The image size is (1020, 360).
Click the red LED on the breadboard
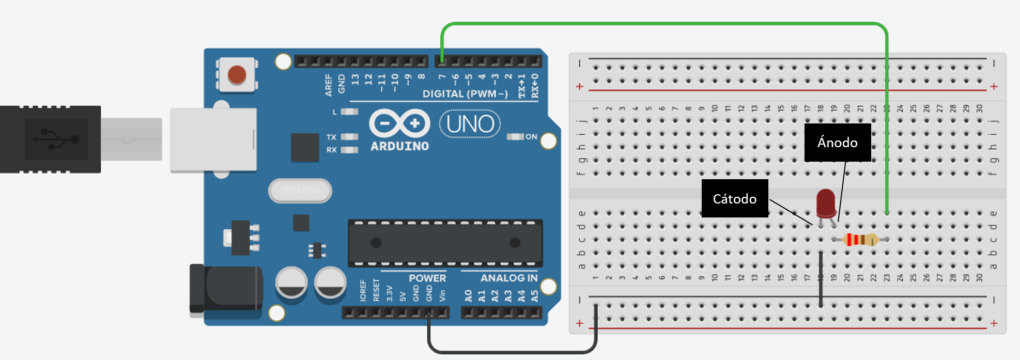826,203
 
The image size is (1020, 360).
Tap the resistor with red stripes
859,240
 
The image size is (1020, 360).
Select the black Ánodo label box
837,143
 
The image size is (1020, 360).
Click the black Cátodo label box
734,199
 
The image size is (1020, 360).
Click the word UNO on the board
470,124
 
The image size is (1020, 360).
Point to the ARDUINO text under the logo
399,147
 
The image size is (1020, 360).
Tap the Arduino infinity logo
399,123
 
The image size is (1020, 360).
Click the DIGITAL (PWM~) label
465,94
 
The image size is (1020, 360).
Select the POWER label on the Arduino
427,278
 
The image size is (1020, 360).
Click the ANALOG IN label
508,278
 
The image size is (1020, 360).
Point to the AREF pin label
329,85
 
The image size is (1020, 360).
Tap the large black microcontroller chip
445,243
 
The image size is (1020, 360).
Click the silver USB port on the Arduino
213,139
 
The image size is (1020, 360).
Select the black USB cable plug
51,139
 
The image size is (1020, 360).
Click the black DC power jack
226,289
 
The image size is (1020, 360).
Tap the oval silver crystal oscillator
300,191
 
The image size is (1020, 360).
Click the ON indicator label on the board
531,137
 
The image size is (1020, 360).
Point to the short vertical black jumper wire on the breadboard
821,279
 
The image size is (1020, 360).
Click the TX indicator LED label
331,137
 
